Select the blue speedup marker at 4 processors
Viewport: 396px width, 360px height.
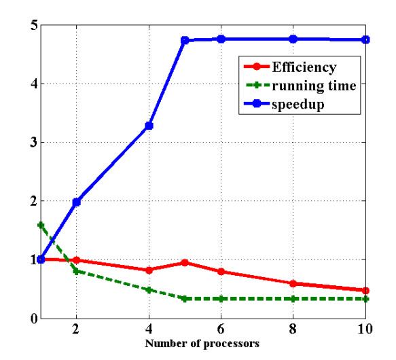(149, 126)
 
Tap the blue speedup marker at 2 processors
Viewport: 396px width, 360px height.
(77, 202)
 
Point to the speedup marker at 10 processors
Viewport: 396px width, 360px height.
(366, 39)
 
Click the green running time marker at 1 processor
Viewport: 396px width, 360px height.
(41, 224)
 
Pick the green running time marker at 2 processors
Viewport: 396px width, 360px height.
(77, 271)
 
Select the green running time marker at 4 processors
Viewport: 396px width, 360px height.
(149, 289)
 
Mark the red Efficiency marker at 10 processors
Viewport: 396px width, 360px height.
(366, 291)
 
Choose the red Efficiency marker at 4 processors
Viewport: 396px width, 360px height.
(149, 270)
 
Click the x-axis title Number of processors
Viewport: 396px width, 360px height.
(202, 344)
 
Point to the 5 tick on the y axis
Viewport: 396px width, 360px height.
(32, 26)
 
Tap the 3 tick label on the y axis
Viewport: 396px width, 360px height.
(32, 143)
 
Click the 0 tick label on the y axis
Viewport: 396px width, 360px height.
(32, 319)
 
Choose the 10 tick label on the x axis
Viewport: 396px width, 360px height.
(365, 331)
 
